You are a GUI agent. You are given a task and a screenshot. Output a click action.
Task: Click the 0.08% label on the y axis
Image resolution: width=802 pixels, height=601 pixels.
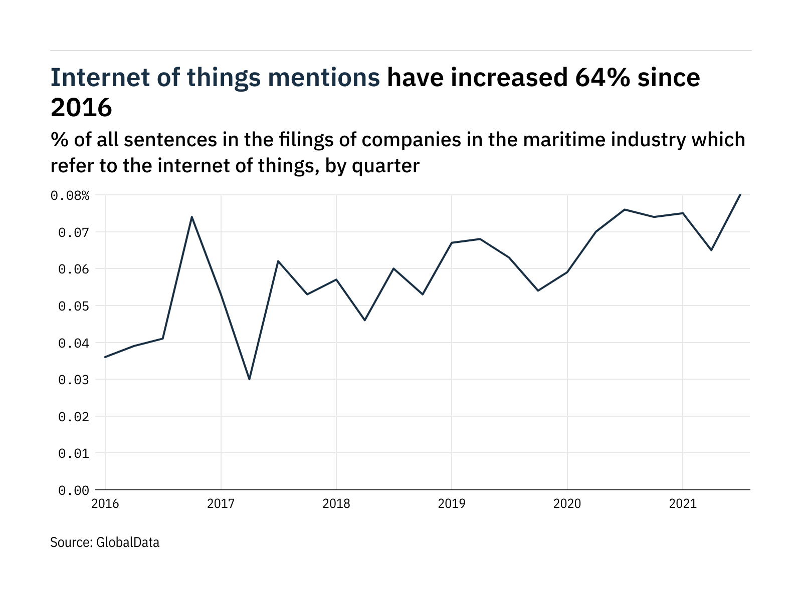pyautogui.click(x=70, y=196)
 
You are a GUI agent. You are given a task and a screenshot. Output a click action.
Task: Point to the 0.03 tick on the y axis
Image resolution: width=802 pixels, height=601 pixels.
pyautogui.click(x=74, y=380)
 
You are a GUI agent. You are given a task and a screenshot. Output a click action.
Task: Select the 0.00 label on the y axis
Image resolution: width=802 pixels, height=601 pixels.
pyautogui.click(x=74, y=491)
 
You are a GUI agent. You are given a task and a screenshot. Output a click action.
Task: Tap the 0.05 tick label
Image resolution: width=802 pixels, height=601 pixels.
pyautogui.click(x=74, y=307)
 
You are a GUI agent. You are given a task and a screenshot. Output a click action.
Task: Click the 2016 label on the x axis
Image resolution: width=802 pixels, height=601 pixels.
pyautogui.click(x=105, y=504)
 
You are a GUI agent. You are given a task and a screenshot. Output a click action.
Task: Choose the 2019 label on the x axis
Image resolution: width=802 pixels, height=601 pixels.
pyautogui.click(x=452, y=504)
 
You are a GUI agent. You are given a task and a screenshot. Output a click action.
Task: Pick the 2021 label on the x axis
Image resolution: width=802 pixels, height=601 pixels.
pyautogui.click(x=683, y=504)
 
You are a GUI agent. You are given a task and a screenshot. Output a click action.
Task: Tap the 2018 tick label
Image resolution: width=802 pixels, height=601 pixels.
pyautogui.click(x=336, y=504)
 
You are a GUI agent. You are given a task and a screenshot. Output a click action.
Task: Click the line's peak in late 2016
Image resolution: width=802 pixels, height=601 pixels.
pyautogui.click(x=191, y=217)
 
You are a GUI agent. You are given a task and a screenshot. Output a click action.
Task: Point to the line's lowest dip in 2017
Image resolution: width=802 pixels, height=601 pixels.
pyautogui.click(x=249, y=379)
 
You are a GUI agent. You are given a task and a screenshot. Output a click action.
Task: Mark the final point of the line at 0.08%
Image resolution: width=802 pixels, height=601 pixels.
pyautogui.click(x=740, y=195)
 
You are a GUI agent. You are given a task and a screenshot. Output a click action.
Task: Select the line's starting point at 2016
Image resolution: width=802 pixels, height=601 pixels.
pyautogui.click(x=105, y=357)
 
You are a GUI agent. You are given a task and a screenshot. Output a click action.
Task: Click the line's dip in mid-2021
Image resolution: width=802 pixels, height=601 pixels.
pyautogui.click(x=711, y=250)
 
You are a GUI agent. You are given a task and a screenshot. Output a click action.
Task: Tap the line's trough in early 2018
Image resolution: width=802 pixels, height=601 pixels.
pyautogui.click(x=365, y=320)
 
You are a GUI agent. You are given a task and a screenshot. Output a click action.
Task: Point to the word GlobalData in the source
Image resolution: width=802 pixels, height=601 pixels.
pyautogui.click(x=127, y=542)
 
